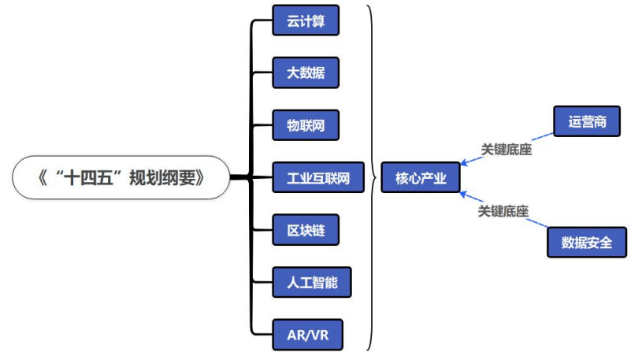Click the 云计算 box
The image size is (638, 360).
306,20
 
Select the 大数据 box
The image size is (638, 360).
306,72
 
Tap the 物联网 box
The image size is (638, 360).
306,125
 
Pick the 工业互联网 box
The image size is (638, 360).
318,177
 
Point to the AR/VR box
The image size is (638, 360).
308,335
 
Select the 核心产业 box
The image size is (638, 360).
421,178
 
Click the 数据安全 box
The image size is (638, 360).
587,241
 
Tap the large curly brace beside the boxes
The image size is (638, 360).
371,177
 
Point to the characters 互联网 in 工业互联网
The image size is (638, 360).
331,177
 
